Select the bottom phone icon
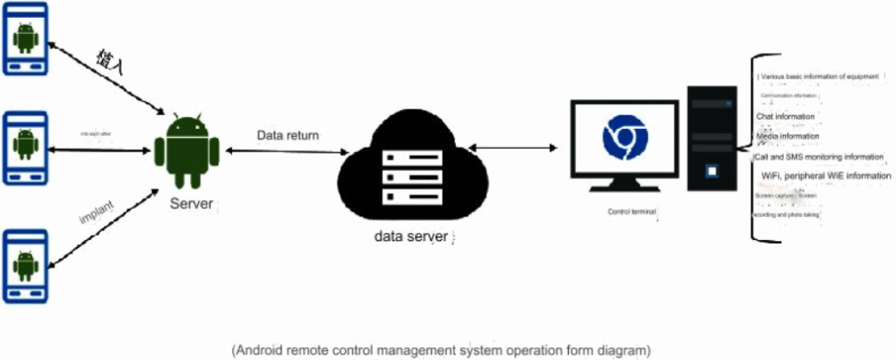coord(25,264)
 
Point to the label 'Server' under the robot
coord(192,204)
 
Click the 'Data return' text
coord(289,136)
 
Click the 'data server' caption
coord(411,237)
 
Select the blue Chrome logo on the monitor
coord(625,137)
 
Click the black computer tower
coord(712,137)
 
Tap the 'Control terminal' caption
coord(632,212)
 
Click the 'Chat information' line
coord(786,116)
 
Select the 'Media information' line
coord(788,137)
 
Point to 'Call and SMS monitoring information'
coord(820,157)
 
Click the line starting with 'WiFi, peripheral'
coord(825,176)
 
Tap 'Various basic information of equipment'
coord(819,77)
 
